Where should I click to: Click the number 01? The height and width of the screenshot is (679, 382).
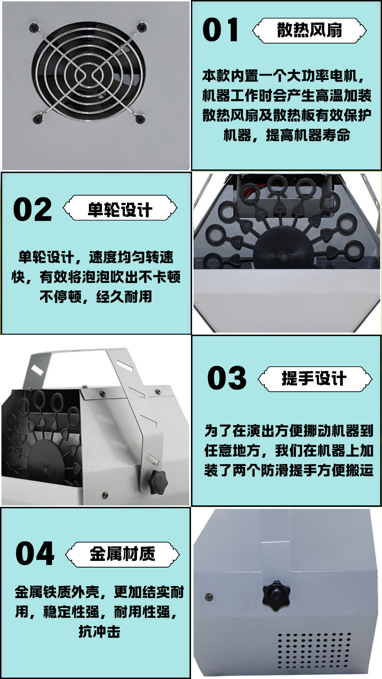tap(220, 30)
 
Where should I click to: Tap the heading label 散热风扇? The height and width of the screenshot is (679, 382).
tap(309, 30)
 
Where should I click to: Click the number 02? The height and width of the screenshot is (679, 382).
tap(33, 209)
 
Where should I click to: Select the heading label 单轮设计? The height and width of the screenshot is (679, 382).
tap(120, 209)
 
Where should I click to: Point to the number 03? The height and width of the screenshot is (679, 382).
tap(227, 378)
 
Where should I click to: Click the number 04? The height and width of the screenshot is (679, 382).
tap(35, 553)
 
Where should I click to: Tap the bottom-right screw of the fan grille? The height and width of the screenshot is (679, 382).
tap(140, 118)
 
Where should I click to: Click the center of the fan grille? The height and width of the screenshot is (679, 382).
tap(88, 75)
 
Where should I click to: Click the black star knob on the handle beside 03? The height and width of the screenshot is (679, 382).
tap(157, 482)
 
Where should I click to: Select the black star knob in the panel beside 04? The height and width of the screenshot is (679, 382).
tap(276, 595)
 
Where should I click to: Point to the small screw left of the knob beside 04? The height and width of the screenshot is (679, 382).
tap(209, 597)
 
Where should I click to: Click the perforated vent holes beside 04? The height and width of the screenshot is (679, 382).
tap(314, 650)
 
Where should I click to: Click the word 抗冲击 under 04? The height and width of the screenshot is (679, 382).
tap(99, 632)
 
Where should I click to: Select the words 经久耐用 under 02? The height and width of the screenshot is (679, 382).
tap(124, 297)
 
